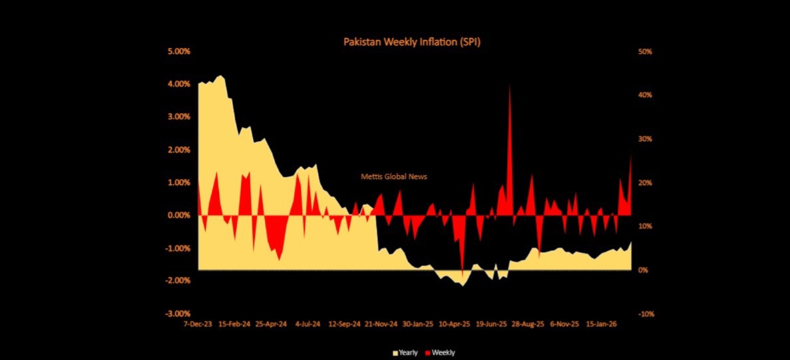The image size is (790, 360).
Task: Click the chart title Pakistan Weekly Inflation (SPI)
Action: [x=411, y=41]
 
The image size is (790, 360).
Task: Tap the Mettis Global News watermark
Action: [x=394, y=177]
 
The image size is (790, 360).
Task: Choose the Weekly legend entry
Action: [x=440, y=353]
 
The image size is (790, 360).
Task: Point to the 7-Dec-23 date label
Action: [x=198, y=325]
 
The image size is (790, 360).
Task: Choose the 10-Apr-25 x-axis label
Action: [x=455, y=325]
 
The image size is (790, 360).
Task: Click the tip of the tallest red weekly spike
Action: [x=510, y=86]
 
